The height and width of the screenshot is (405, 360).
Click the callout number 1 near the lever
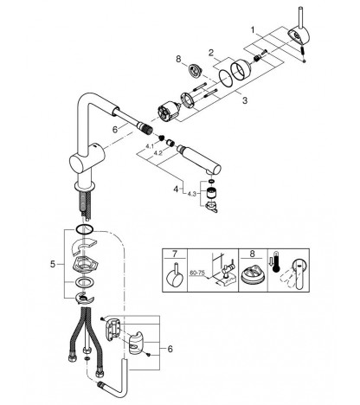(x=253, y=29)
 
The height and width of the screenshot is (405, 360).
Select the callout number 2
(x=211, y=53)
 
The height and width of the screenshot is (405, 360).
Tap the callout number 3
(x=245, y=100)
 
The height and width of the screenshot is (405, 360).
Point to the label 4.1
(x=150, y=146)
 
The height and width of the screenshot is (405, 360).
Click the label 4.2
(x=157, y=153)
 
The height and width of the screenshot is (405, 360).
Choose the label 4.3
(x=192, y=194)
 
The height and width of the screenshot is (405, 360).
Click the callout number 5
(x=53, y=264)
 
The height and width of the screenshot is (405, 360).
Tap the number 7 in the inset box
(x=175, y=254)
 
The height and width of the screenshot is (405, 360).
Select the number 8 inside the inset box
(x=253, y=254)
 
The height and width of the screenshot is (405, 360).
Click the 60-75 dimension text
(x=197, y=273)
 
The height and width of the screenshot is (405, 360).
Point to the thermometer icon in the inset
(x=277, y=261)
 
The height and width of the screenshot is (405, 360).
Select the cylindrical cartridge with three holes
(x=170, y=112)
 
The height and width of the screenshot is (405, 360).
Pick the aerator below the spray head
(x=212, y=192)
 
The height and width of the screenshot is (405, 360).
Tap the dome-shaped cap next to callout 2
(x=241, y=69)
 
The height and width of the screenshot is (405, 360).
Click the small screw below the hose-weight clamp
(x=148, y=355)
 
